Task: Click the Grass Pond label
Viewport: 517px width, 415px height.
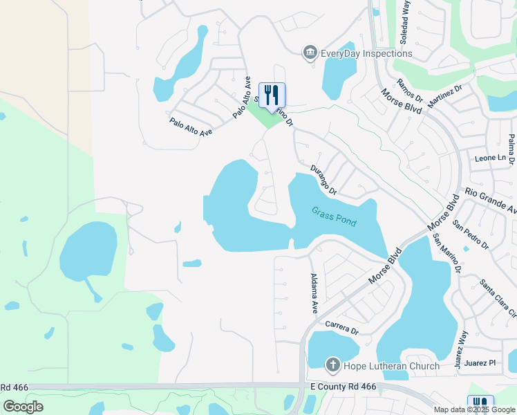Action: click(334, 216)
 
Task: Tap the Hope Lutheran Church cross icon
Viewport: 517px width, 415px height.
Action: click(332, 365)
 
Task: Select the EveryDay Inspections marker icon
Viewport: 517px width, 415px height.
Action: click(310, 53)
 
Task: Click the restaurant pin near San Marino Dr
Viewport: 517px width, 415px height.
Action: click(272, 94)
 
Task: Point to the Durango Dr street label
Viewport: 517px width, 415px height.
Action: click(323, 180)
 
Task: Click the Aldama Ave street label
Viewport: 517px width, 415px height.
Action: click(314, 290)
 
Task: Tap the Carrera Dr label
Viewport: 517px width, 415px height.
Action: click(341, 326)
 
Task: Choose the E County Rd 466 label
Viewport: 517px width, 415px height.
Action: click(344, 387)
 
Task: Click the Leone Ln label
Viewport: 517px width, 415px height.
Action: click(491, 158)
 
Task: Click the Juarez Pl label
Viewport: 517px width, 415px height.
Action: click(482, 362)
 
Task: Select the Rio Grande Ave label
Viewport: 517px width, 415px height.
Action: click(491, 201)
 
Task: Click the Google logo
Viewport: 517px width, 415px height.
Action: click(23, 406)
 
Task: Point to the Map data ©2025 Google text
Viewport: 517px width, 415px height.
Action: click(473, 409)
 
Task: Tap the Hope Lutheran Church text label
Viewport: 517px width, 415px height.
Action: click(393, 367)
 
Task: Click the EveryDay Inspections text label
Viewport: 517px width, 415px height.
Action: click(366, 53)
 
